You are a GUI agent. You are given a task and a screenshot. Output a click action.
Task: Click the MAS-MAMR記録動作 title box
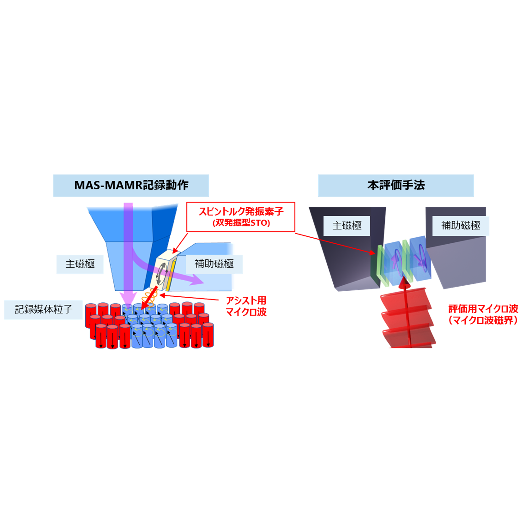coord(131,185)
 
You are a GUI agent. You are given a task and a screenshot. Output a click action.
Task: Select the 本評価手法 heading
coord(396,185)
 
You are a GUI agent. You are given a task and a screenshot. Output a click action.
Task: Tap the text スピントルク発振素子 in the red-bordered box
coord(241,212)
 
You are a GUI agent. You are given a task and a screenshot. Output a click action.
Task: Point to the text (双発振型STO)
coord(241,223)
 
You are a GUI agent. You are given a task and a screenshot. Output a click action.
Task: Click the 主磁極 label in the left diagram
coord(80,264)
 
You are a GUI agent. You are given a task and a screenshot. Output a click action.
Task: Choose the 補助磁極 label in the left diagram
coord(214,264)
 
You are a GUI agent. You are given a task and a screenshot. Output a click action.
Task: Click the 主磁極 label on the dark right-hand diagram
coord(347,225)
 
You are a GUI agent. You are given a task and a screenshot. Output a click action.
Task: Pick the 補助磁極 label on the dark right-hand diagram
coord(460,225)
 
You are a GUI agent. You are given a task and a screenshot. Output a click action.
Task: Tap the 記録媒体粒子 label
coord(44,310)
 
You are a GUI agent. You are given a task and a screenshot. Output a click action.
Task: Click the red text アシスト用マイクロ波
coord(246,306)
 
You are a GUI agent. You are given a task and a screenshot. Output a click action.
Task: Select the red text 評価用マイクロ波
coord(483,309)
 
